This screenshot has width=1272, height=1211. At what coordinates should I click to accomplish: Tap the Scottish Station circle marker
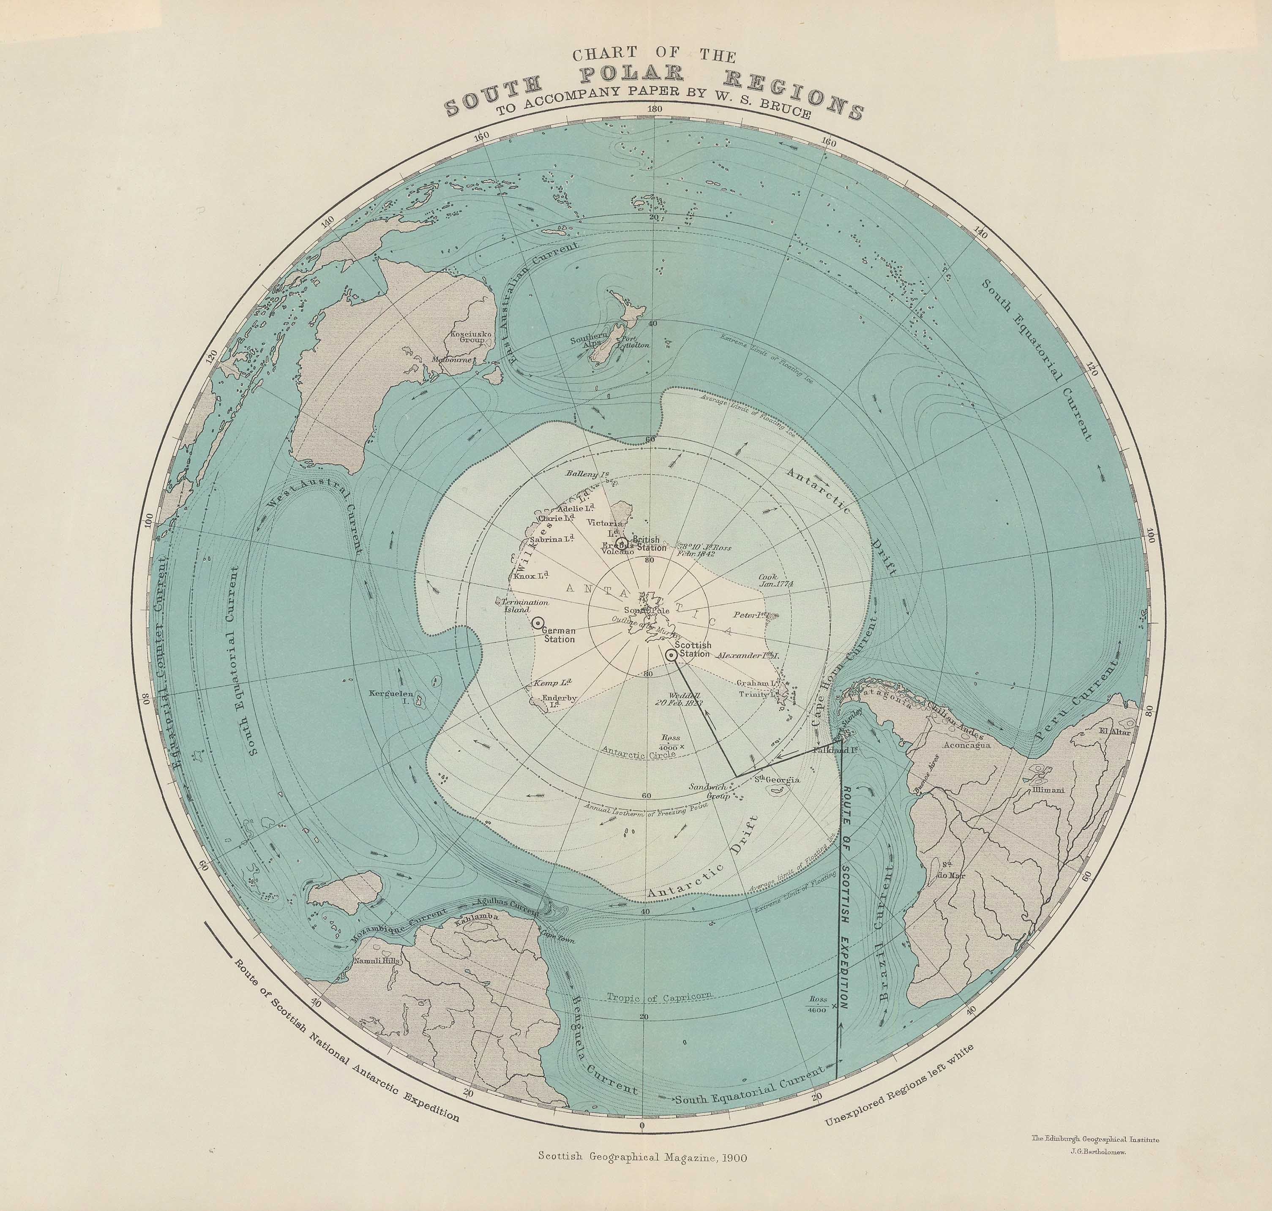(671, 655)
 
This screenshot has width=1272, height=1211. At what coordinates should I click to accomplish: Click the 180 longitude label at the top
(654, 110)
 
